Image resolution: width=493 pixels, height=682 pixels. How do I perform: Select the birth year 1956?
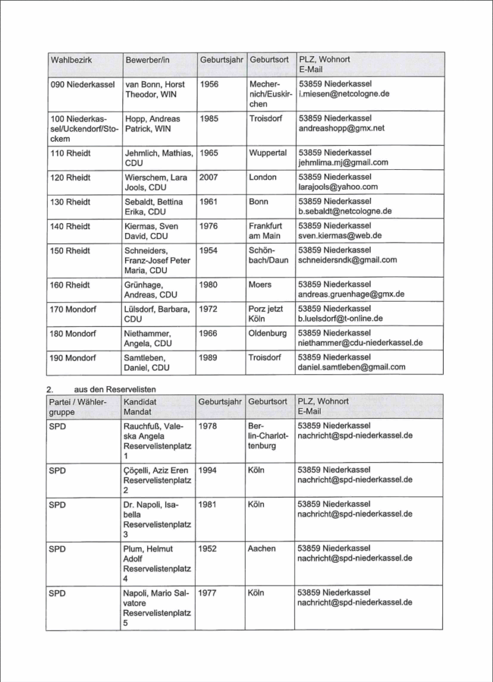[x=209, y=85]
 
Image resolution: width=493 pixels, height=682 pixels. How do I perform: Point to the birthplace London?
[x=263, y=177]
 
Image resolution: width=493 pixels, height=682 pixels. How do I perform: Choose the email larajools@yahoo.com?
[x=338, y=187]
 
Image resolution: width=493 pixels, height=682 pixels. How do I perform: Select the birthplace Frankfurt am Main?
[x=265, y=230]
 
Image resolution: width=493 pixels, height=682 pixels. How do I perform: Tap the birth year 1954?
[x=209, y=250]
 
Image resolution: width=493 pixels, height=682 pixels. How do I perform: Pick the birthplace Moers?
[x=260, y=284]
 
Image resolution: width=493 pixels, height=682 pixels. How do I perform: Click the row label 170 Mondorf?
[x=73, y=308]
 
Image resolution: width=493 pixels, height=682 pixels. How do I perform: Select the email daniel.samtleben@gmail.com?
[x=351, y=367]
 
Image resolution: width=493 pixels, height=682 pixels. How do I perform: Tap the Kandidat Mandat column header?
[x=140, y=407]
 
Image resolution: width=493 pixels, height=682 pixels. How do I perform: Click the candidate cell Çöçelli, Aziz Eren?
[x=156, y=470]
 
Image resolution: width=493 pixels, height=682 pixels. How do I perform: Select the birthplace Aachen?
[x=261, y=549]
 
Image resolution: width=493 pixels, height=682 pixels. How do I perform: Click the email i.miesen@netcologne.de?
[x=343, y=95]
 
